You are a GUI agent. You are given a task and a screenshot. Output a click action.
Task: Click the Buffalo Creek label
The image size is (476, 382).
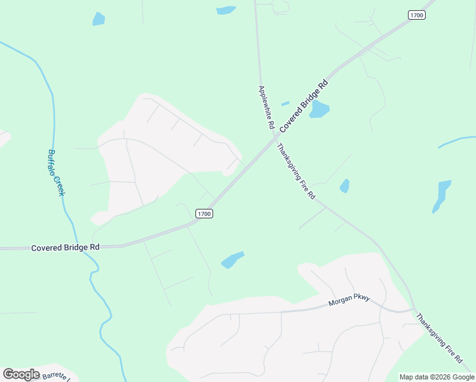56,173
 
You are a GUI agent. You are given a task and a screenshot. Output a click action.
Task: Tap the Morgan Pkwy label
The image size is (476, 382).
349,302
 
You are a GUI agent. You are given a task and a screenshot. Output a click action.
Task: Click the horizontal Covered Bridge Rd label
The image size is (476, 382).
66,247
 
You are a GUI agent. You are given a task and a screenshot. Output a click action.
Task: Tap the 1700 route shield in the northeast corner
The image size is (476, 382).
416,15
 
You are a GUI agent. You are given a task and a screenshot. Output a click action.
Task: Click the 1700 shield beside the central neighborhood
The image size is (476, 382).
204,214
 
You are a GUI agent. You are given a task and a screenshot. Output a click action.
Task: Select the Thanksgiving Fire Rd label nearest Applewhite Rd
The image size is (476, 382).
296,171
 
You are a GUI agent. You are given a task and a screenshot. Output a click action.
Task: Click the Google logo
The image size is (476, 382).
21,374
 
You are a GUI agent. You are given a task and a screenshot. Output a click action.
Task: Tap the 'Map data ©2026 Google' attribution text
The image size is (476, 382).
437,377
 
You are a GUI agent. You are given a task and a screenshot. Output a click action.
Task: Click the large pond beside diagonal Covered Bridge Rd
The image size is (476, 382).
319,110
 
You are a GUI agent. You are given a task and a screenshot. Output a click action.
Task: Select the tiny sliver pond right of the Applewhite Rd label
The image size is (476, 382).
285,103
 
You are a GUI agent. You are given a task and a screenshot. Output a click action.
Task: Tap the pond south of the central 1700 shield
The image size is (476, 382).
232,260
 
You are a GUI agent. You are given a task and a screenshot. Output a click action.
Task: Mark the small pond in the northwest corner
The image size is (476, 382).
99,19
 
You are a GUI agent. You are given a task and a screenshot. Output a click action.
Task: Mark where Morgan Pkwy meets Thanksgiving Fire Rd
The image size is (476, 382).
412,310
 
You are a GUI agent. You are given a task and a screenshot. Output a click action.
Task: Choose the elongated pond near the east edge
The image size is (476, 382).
442,195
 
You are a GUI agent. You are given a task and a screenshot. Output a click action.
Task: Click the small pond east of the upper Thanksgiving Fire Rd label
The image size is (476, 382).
344,186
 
